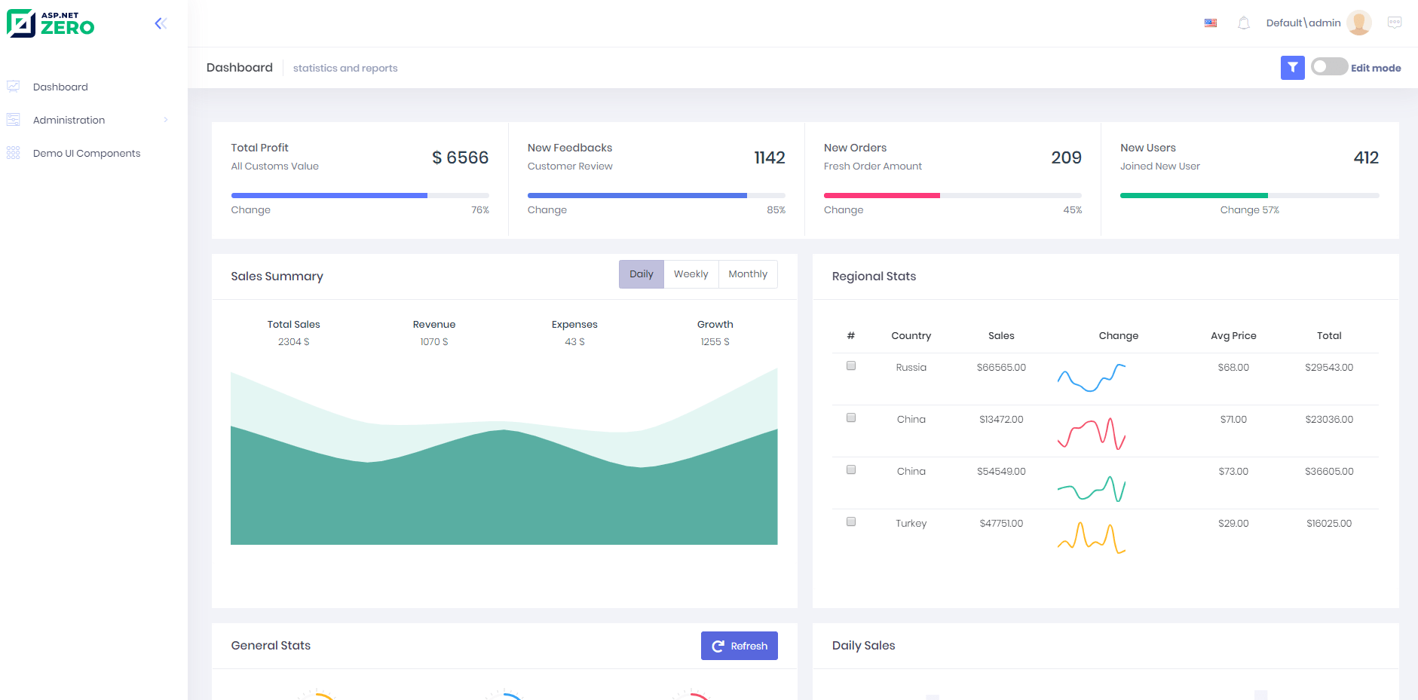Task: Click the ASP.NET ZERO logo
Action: click(51, 23)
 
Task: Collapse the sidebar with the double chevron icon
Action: click(161, 23)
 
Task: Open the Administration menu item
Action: click(69, 120)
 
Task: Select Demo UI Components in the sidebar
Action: click(87, 153)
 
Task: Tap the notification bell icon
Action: click(1244, 23)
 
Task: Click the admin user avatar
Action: click(1358, 23)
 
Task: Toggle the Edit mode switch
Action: click(1329, 67)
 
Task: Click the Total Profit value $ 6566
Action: click(460, 157)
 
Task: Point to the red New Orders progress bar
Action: click(881, 195)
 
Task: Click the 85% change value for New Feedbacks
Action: click(776, 210)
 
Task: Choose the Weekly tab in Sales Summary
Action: click(691, 274)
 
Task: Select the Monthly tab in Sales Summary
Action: click(747, 274)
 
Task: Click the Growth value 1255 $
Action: click(715, 342)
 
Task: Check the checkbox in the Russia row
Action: click(851, 366)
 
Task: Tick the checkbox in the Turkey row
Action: click(851, 522)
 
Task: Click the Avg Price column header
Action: click(1233, 336)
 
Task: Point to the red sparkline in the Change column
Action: click(1091, 434)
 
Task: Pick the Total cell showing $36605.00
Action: click(1328, 472)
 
